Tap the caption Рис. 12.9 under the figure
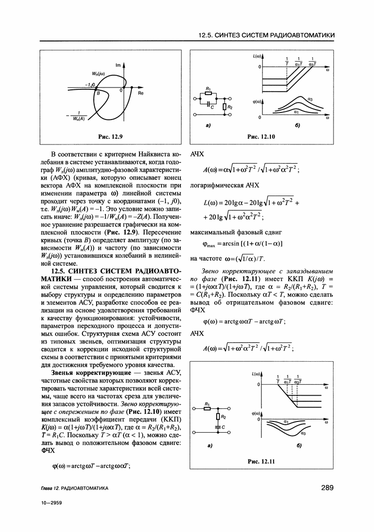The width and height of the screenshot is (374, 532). (x=110, y=136)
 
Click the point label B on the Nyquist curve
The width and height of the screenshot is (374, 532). (x=98, y=94)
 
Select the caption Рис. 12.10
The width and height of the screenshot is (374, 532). (x=261, y=136)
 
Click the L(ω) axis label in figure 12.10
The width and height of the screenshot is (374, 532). (x=257, y=56)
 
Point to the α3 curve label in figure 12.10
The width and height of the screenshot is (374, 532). (x=310, y=99)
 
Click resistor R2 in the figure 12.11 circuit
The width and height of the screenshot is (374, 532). (x=218, y=416)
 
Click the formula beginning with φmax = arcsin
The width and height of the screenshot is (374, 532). (x=236, y=245)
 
